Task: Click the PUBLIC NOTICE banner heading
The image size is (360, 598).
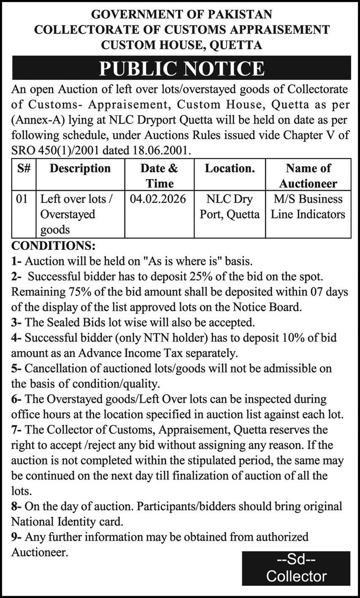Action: (181, 68)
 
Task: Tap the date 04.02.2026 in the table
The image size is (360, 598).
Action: (158, 199)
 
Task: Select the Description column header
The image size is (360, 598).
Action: (80, 168)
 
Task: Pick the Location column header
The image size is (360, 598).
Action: (230, 168)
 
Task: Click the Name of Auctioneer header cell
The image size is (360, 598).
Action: (308, 176)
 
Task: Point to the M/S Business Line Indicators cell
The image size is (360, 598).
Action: (308, 206)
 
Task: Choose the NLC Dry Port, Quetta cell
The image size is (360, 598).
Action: (230, 206)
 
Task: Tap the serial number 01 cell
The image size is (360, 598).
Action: (22, 199)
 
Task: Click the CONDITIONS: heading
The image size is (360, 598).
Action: (53, 245)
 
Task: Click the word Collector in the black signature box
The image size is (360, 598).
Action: (296, 576)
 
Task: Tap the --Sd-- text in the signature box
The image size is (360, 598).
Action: (296, 560)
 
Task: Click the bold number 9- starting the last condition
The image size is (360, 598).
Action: (16, 537)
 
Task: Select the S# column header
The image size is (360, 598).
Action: (24, 168)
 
